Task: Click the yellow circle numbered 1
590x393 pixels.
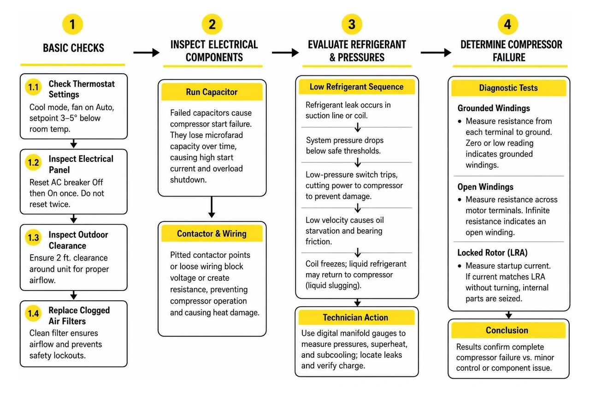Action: [72, 24]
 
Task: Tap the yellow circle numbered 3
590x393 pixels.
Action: [352, 24]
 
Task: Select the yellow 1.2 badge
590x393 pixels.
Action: [34, 162]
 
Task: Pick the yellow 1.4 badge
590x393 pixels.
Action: [34, 313]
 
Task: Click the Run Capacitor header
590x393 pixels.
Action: [212, 92]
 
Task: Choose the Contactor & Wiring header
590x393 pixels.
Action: [212, 233]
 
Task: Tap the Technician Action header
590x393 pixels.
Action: [356, 317]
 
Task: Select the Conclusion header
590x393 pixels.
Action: [508, 330]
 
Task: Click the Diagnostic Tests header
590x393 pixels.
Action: [508, 88]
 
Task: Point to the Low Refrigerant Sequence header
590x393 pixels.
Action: [357, 87]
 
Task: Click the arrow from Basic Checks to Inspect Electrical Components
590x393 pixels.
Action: [147, 53]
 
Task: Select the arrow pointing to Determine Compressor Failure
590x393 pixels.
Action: [436, 53]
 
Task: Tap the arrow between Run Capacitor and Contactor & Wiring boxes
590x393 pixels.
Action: [212, 207]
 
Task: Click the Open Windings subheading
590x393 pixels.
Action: [485, 187]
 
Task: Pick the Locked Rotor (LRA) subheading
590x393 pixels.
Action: [493, 252]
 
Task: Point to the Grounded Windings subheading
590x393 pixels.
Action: [494, 108]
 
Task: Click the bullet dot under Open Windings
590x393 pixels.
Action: [460, 200]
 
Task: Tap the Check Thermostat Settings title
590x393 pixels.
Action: [82, 89]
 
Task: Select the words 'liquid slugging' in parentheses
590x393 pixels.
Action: [333, 286]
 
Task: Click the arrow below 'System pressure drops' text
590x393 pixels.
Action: [357, 163]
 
